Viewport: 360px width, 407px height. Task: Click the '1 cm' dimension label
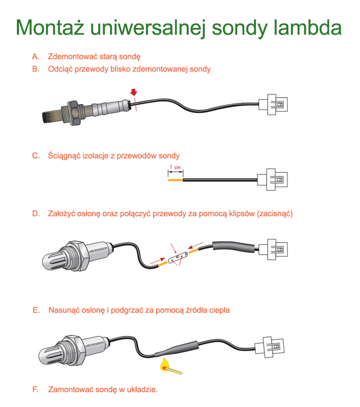click(x=175, y=167)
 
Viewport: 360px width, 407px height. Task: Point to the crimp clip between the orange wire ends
click(x=177, y=257)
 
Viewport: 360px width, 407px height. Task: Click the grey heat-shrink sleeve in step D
click(x=233, y=247)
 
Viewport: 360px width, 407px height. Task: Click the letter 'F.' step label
click(x=35, y=389)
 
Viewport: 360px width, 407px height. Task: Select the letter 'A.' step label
click(x=35, y=56)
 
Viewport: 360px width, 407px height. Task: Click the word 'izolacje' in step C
click(x=97, y=156)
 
